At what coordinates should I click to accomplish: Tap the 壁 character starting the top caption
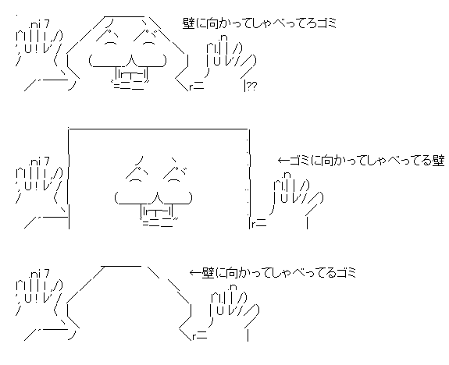tap(188, 23)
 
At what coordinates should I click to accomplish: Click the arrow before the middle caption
tap(283, 161)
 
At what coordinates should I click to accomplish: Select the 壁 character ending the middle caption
tap(438, 161)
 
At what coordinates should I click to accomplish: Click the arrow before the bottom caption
tap(195, 272)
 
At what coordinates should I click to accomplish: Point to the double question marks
tap(251, 86)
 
